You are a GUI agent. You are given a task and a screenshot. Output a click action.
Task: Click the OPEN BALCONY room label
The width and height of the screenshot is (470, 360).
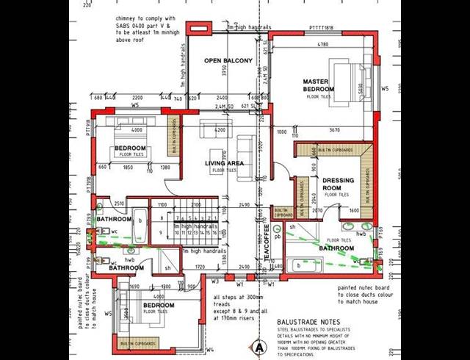click(x=228, y=60)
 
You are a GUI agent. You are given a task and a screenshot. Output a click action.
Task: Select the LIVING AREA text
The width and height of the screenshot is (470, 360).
click(x=224, y=162)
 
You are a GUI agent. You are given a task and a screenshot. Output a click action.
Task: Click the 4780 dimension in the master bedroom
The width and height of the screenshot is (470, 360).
click(x=322, y=45)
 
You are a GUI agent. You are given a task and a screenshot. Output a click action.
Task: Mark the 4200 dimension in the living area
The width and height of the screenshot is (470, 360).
click(x=220, y=130)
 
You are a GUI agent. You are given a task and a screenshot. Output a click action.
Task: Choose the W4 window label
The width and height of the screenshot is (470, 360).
click(x=210, y=350)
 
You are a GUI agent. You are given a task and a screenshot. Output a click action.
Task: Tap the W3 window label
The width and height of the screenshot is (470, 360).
click(x=216, y=280)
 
